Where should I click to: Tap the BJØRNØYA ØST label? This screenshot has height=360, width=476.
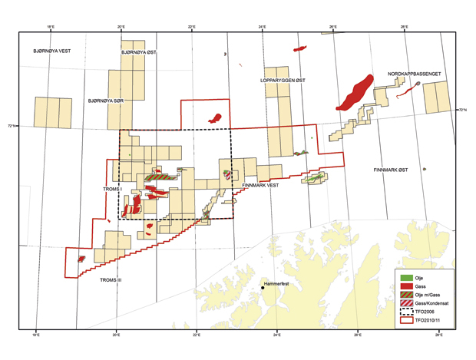[140, 53]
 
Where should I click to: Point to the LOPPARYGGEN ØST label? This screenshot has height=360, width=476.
[282, 80]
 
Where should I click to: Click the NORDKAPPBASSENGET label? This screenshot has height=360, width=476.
[414, 74]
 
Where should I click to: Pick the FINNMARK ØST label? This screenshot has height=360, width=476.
[390, 170]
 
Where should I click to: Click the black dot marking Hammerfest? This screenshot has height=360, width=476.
[263, 289]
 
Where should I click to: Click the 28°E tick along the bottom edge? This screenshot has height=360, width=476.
[438, 335]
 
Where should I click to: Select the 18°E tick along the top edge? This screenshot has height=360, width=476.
[50, 27]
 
